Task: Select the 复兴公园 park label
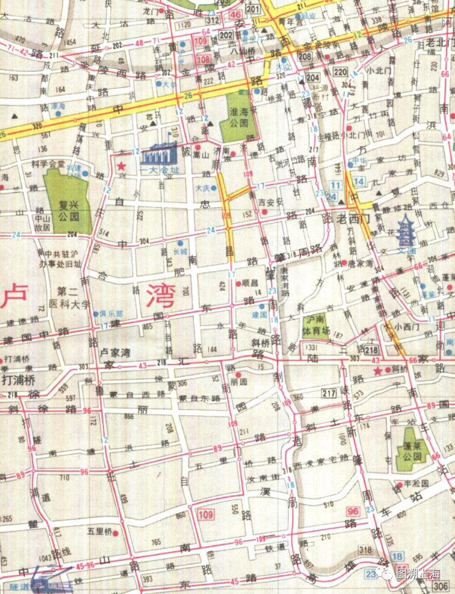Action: point(69,211)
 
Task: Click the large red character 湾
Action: point(161,296)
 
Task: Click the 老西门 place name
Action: point(353,218)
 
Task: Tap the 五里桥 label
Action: point(99,531)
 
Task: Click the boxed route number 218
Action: point(371,350)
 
